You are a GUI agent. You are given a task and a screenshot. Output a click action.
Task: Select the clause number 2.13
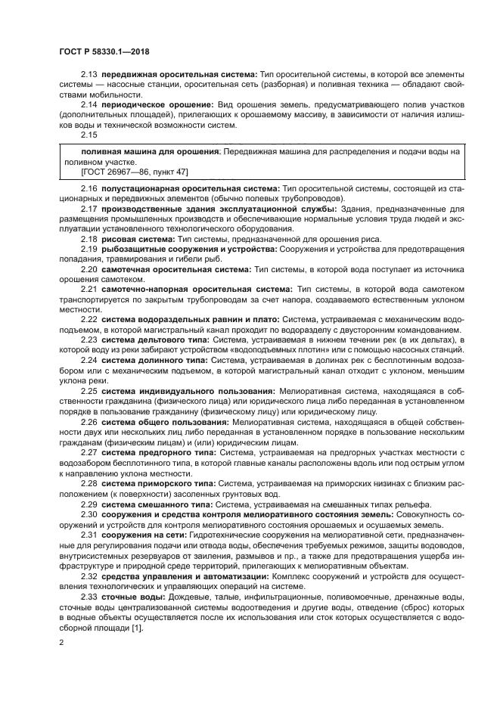pyautogui.click(x=89, y=76)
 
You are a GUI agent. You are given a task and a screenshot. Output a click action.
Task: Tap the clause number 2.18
pyautogui.click(x=89, y=238)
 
